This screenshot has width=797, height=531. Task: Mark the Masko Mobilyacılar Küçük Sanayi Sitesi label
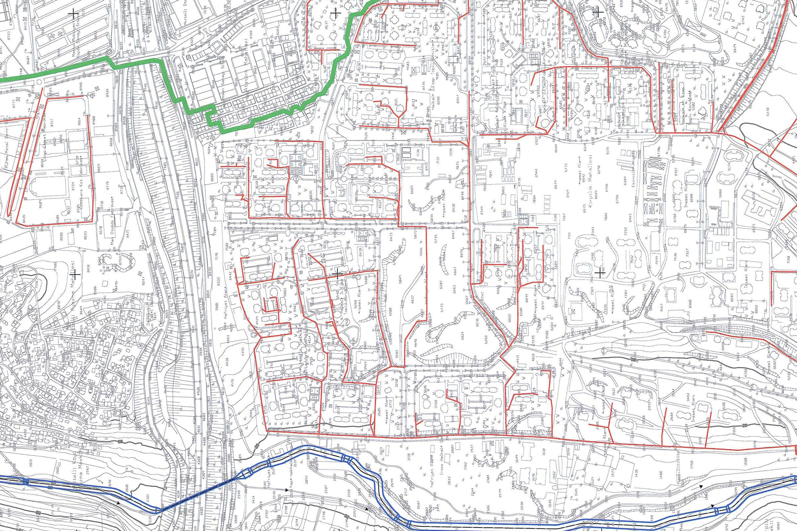(77, 42)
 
